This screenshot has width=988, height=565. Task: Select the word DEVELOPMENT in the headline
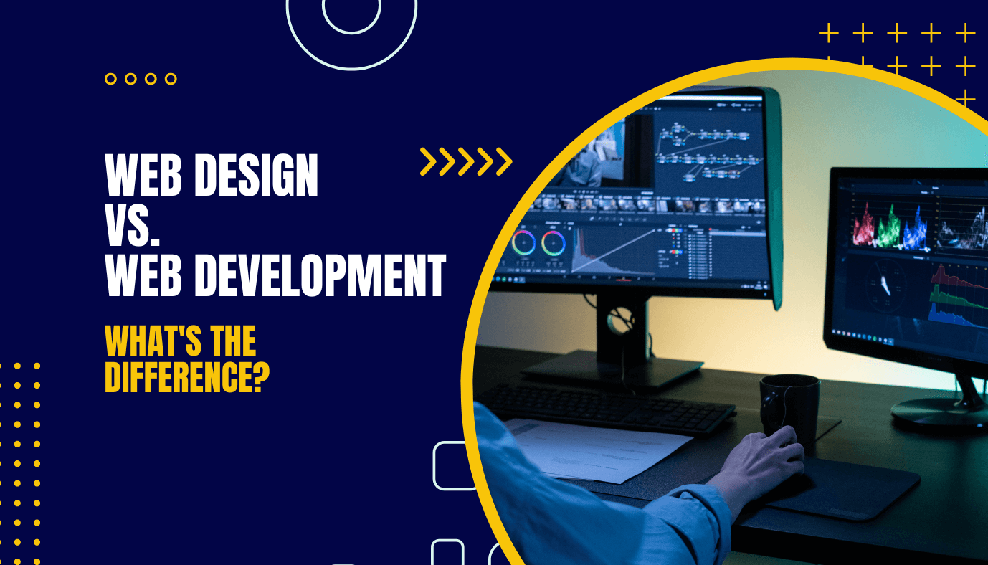pyautogui.click(x=319, y=276)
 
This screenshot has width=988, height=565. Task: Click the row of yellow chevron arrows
pyautogui.click(x=466, y=162)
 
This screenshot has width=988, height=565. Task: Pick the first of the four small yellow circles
pyautogui.click(x=110, y=79)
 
